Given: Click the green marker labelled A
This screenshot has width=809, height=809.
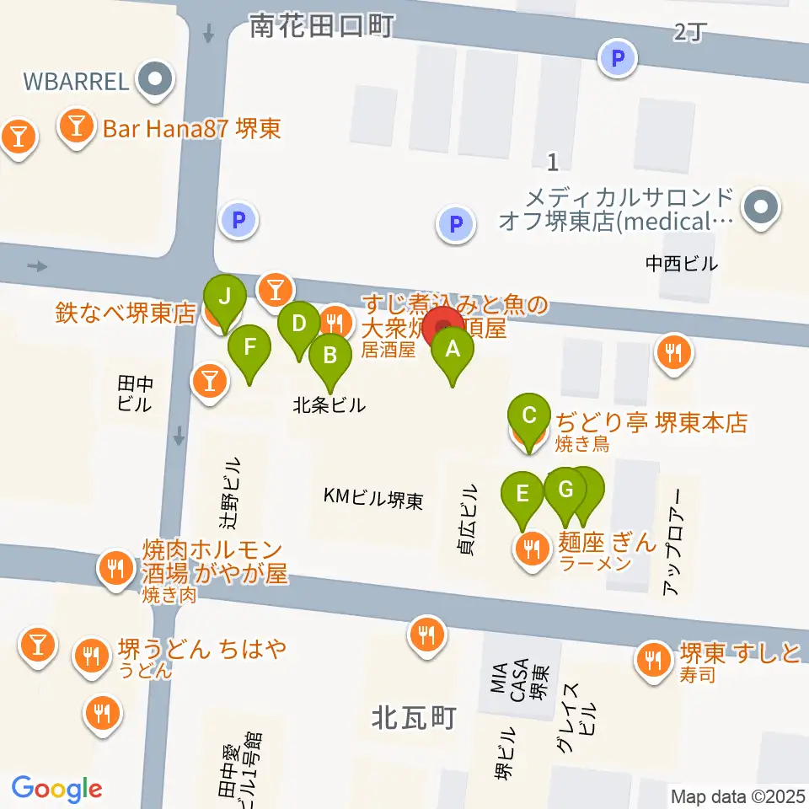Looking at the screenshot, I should tap(453, 349).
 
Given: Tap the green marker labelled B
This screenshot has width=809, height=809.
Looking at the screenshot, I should tap(329, 355).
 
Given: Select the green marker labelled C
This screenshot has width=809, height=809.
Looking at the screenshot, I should tap(529, 415).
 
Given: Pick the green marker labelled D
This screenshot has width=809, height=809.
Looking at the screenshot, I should tap(297, 324).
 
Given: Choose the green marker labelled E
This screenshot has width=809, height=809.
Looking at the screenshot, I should tap(522, 493).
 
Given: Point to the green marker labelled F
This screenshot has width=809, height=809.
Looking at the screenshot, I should tap(249, 346).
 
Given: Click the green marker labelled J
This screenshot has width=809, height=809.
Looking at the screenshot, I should tap(224, 297).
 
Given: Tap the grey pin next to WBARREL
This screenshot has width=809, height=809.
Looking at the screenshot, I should tap(156, 82).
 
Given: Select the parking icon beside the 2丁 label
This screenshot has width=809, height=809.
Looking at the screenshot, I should tap(619, 59).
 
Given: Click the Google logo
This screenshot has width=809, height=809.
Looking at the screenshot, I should tap(56, 789).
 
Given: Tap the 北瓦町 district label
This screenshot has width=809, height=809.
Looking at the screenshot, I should tap(414, 718).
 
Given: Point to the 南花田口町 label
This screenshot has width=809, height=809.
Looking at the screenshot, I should tap(322, 27).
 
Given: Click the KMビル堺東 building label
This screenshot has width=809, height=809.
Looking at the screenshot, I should tap(373, 498).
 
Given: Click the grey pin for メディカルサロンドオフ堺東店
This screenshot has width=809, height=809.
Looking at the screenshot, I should tap(761, 207).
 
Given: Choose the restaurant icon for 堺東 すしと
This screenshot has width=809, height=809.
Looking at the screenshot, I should tap(652, 658).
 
